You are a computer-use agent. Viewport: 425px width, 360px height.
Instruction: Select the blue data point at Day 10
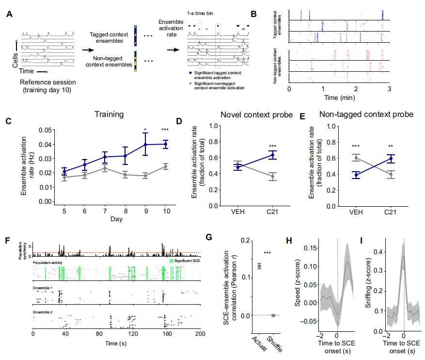click(166, 144)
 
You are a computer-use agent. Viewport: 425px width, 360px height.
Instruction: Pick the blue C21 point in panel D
click(273, 155)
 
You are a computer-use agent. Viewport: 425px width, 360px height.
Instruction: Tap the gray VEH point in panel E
click(356, 158)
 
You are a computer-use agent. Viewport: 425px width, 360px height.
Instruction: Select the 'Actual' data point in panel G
click(259, 266)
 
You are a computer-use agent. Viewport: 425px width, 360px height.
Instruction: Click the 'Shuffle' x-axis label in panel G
click(274, 343)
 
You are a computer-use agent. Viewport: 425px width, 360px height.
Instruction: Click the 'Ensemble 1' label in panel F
click(42, 288)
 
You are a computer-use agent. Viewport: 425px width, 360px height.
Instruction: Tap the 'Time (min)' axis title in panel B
click(337, 97)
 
